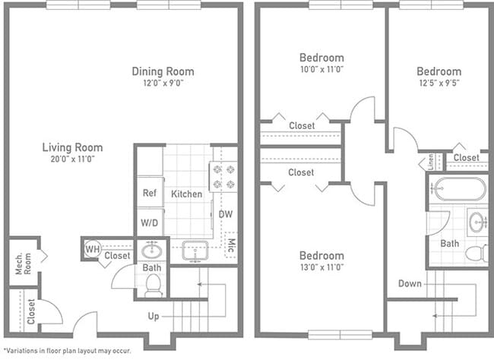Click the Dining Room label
[163, 71]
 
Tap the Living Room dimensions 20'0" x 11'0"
[72, 159]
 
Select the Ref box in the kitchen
[149, 193]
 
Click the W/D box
[149, 223]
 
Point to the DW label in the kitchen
[226, 214]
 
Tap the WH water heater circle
[92, 248]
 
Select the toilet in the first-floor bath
[152, 284]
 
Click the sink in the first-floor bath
[151, 250]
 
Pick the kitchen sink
[195, 250]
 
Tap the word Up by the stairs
[154, 316]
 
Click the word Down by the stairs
[410, 283]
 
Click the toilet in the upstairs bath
[477, 253]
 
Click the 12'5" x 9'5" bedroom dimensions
[438, 84]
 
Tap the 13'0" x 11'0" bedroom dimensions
[321, 267]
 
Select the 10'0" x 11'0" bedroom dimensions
[321, 69]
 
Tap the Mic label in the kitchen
[231, 245]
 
